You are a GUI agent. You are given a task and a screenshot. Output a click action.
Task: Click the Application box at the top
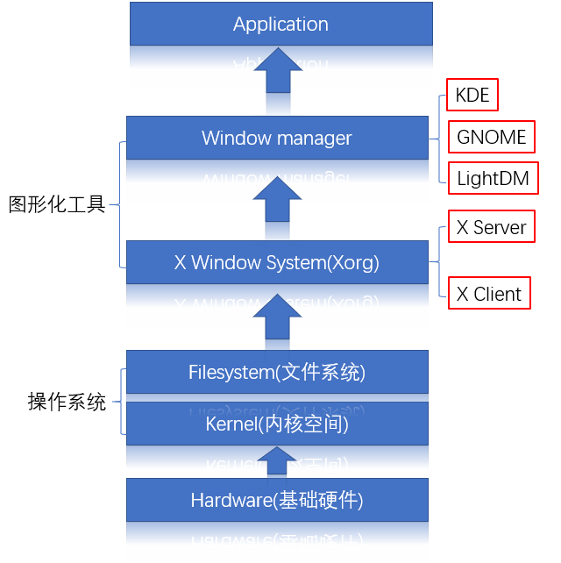point(280,24)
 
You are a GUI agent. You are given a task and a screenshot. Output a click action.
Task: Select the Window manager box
point(277,138)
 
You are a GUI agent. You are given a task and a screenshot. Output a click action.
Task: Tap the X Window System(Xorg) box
point(277,262)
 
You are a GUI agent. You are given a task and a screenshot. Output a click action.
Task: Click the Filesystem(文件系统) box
point(277,372)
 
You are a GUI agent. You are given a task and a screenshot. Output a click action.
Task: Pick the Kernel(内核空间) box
point(277,424)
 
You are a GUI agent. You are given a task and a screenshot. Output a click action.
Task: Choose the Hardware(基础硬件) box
point(277,500)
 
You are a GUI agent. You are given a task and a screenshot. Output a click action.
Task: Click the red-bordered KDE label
point(472,95)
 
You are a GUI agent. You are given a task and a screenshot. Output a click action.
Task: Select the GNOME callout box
point(492,137)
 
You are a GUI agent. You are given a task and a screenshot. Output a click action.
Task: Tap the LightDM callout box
point(493,179)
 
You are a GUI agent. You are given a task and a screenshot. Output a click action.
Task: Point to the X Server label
point(491,228)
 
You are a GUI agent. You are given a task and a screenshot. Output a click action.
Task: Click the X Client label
point(489,294)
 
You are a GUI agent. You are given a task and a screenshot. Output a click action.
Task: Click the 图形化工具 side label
point(57,204)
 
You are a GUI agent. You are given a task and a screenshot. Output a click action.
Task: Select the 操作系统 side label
point(67,403)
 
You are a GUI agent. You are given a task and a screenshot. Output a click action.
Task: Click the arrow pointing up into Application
point(278,71)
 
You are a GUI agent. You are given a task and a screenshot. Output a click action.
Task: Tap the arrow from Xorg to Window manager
point(278,200)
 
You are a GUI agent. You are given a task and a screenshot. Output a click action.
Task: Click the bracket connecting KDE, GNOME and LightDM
point(438,138)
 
